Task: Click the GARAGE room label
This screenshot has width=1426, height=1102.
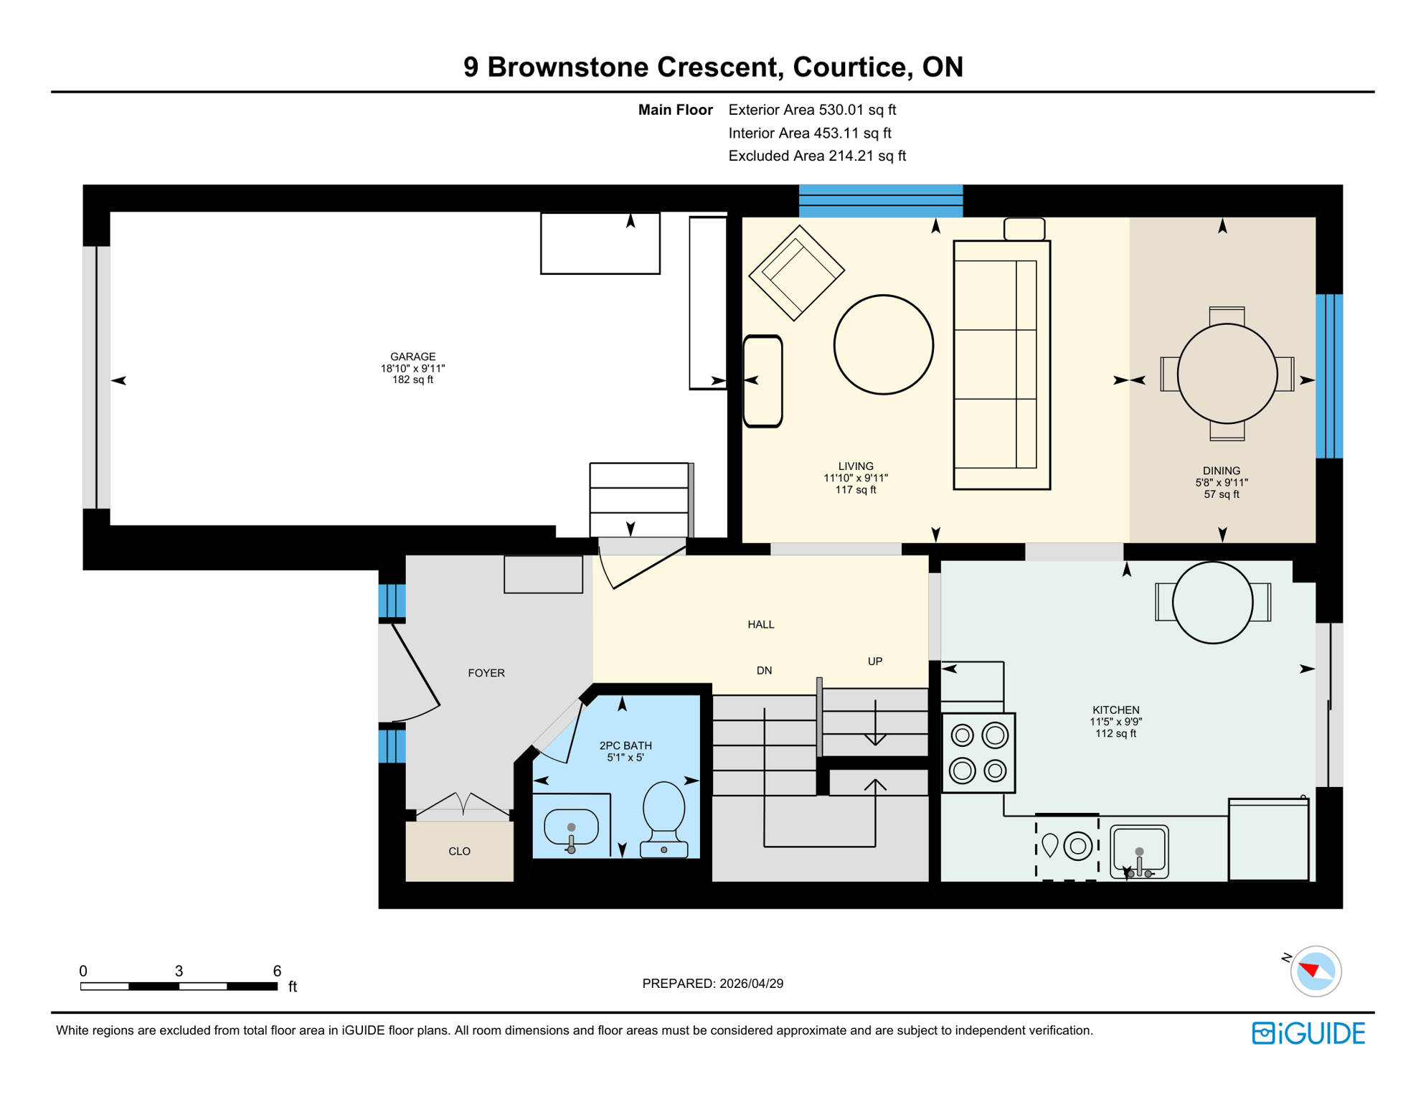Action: [412, 357]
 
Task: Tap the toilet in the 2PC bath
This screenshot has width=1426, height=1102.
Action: [664, 818]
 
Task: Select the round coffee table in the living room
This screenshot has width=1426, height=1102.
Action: [883, 344]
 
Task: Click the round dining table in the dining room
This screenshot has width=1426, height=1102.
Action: [1227, 374]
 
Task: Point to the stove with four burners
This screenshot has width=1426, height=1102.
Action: [978, 753]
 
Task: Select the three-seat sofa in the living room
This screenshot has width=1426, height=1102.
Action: [1001, 364]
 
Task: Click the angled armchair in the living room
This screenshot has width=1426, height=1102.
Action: [796, 273]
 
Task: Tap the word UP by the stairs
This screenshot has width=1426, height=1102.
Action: [874, 661]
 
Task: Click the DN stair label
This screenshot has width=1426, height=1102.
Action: [764, 671]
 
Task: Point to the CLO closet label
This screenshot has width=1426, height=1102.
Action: [459, 852]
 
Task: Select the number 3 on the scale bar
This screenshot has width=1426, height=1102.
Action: [179, 971]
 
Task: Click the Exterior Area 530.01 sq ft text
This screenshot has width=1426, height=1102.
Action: [812, 110]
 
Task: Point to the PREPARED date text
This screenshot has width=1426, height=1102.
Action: [712, 984]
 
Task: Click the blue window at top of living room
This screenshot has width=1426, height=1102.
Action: [880, 201]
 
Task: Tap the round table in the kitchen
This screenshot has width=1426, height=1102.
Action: [1212, 603]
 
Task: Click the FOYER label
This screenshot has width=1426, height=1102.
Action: [486, 673]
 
